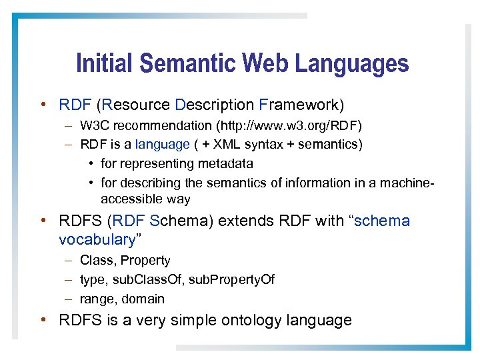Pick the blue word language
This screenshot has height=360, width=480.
[x=163, y=144]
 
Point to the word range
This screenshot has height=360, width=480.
[x=96, y=299]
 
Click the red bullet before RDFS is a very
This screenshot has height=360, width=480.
[x=43, y=320]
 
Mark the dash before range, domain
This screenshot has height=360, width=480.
[x=69, y=299]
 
